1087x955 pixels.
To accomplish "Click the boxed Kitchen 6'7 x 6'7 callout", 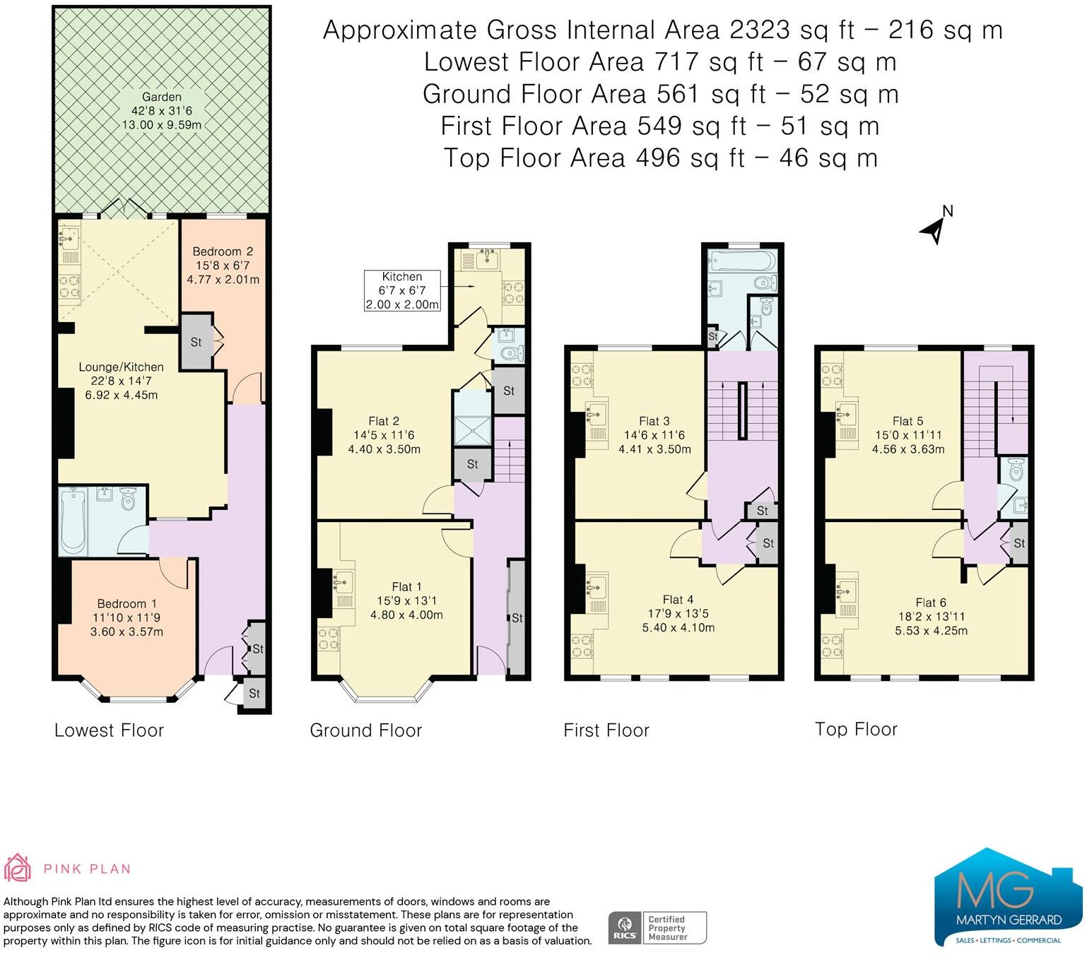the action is point(402,290).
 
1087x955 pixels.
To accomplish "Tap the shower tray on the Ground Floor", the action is point(472,430).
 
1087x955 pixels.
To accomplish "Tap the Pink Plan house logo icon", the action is point(17,868).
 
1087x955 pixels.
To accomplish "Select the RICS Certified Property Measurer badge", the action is point(657,927).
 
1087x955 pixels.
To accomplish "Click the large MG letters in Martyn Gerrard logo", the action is point(995,889).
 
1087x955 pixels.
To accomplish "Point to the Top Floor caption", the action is point(856,729).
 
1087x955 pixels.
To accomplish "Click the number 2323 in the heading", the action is point(760,30).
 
